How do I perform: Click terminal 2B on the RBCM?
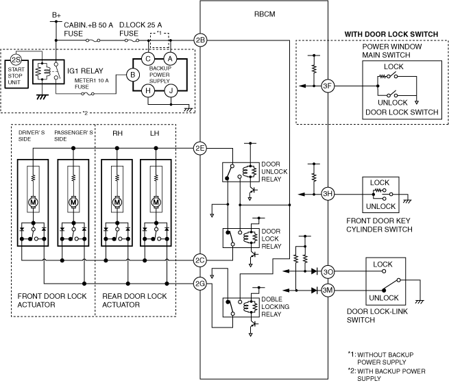(x=200, y=40)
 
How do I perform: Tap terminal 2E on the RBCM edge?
(x=200, y=148)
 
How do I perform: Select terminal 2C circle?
(x=200, y=260)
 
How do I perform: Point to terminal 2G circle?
(x=200, y=284)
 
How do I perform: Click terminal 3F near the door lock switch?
(x=328, y=86)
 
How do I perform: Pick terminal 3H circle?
(x=328, y=194)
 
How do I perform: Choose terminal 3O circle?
(x=328, y=271)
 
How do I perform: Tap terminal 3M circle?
(x=328, y=291)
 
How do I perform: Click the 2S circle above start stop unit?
(x=16, y=60)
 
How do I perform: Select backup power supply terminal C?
(x=148, y=59)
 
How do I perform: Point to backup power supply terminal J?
(x=171, y=90)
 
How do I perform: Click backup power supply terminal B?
(x=132, y=75)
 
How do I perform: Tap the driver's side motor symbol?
(x=33, y=202)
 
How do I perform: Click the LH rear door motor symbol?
(x=156, y=202)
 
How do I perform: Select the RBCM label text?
(x=265, y=14)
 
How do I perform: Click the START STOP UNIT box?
(x=16, y=74)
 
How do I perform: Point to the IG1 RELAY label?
(x=85, y=71)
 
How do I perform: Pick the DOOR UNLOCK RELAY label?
(x=274, y=172)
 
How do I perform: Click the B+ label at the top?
(x=56, y=15)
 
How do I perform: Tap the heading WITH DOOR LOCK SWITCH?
(x=391, y=34)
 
